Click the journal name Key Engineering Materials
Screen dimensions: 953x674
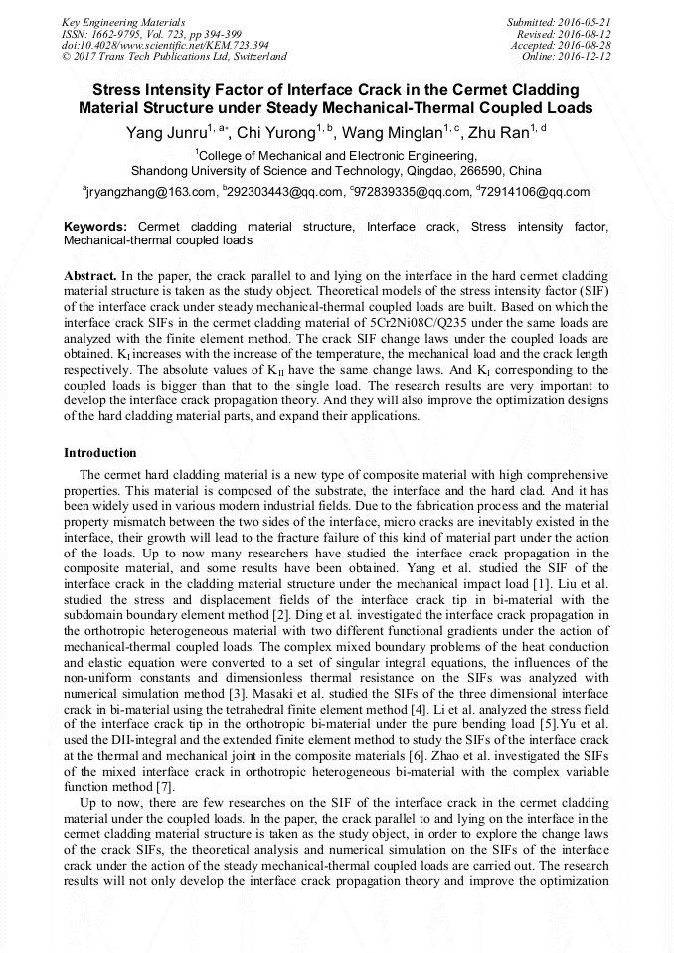click(x=123, y=21)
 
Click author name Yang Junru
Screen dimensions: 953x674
click(x=157, y=132)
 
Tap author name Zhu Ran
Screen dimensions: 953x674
click(x=498, y=132)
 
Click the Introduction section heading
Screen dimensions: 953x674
click(x=100, y=453)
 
